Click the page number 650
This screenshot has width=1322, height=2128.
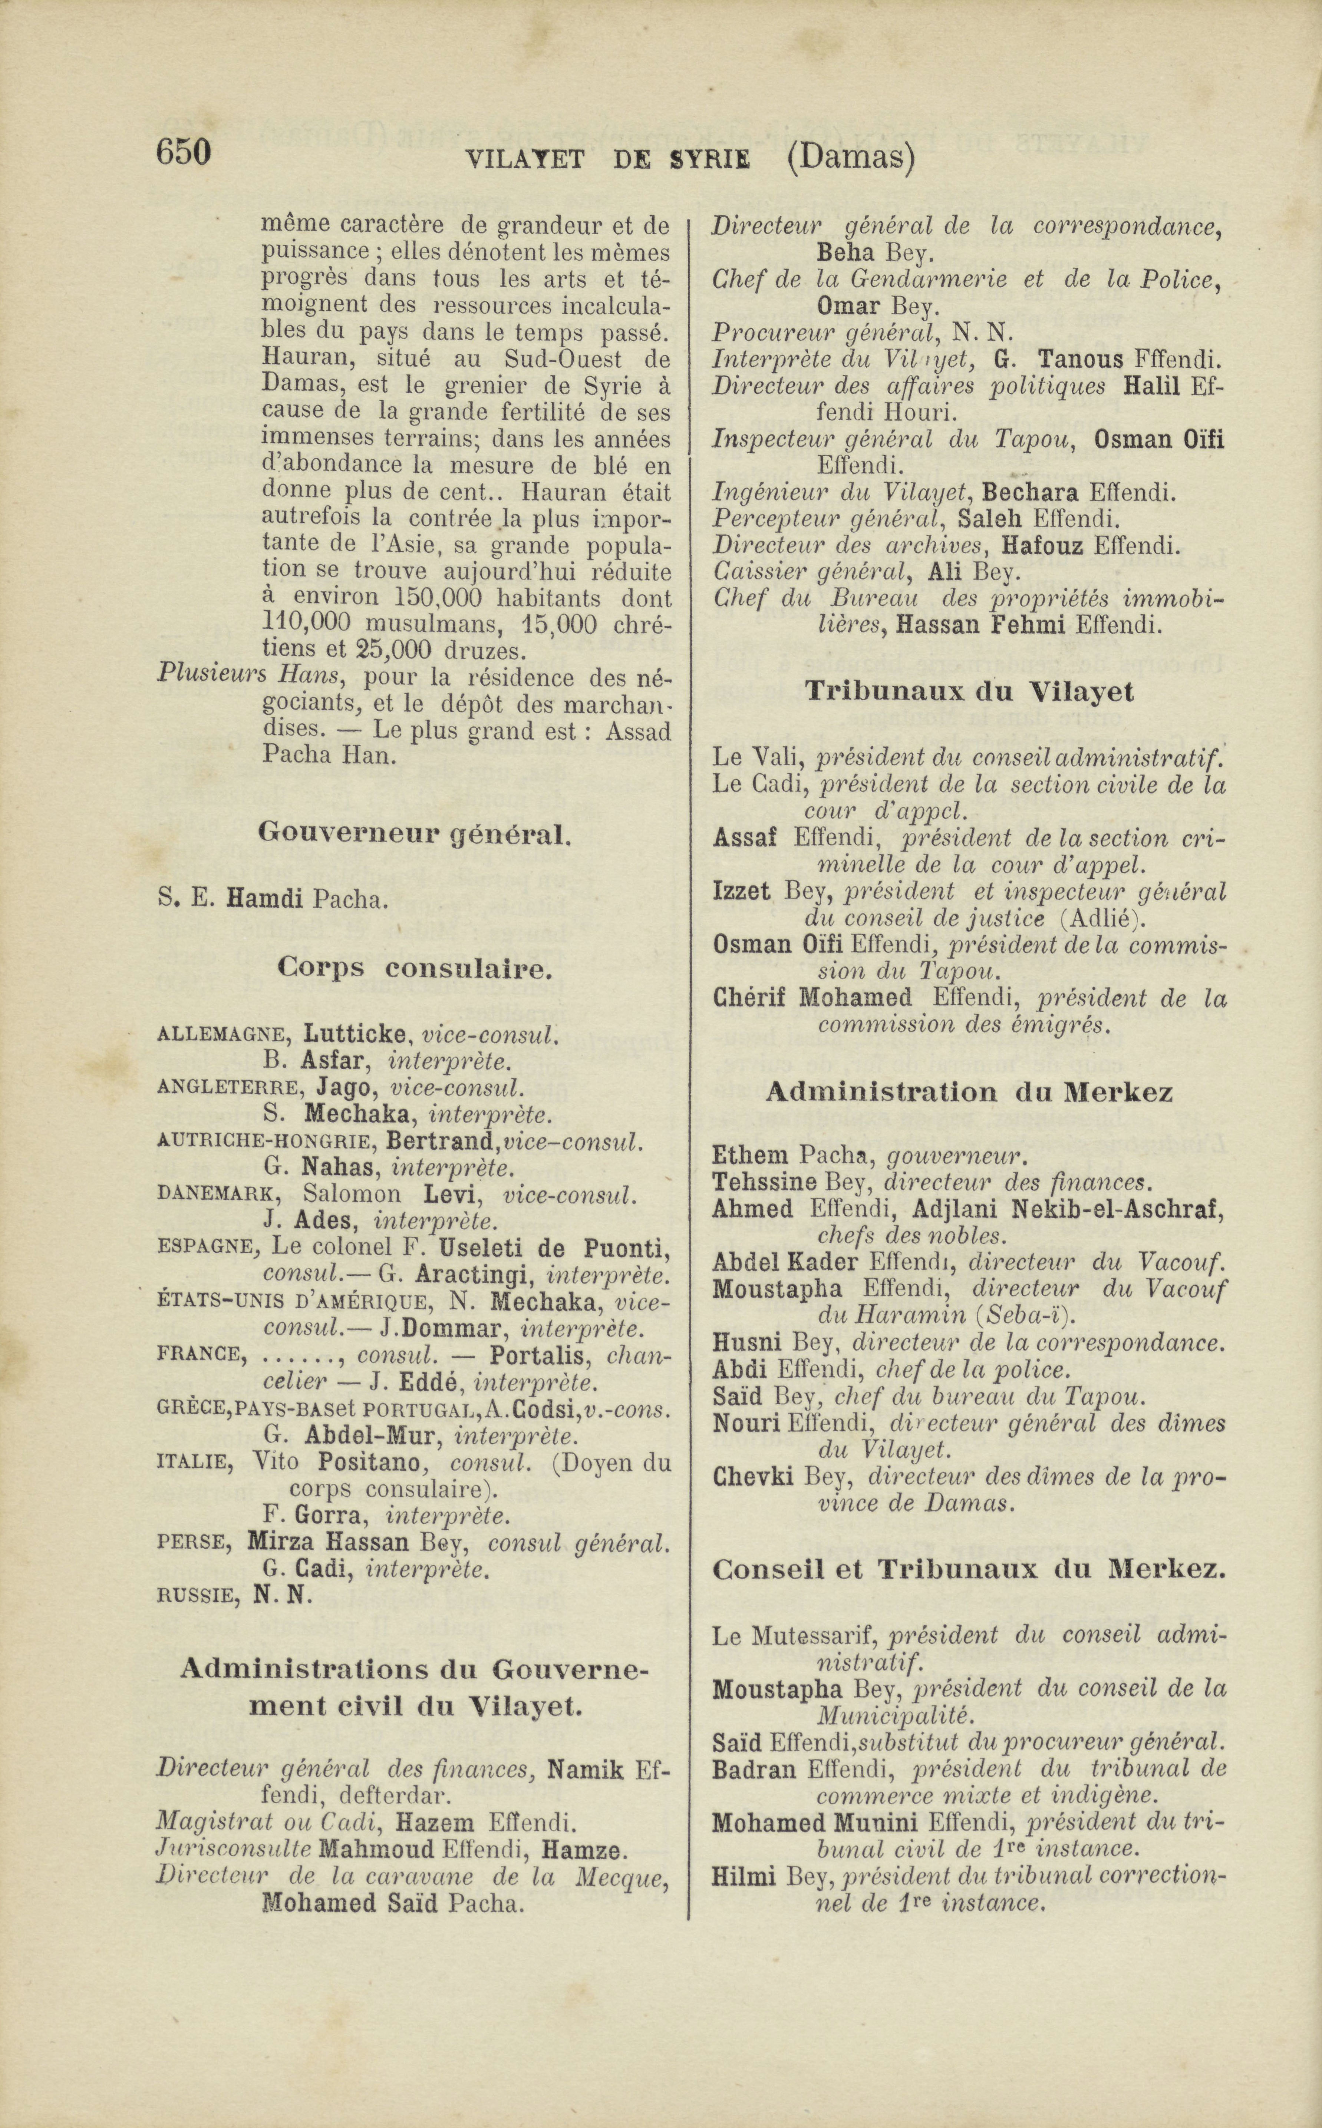pos(184,152)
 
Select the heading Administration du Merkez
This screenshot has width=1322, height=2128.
pos(969,1093)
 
